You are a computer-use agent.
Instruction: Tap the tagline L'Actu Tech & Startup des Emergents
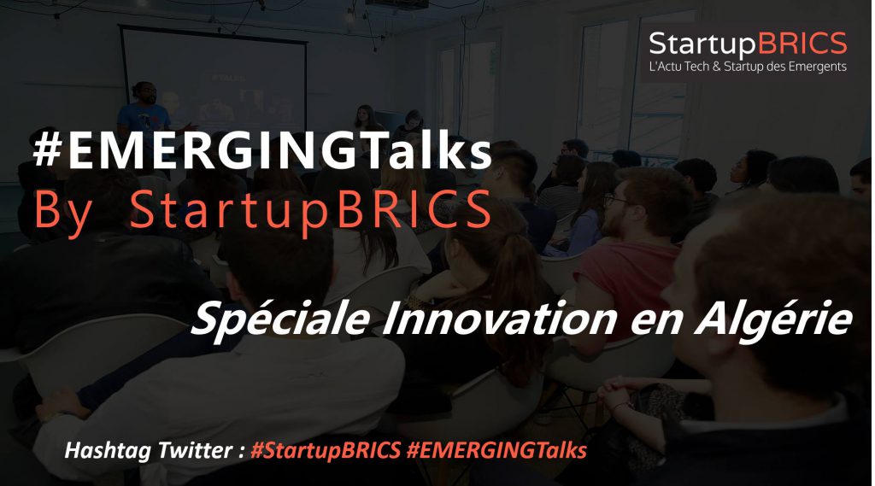point(748,67)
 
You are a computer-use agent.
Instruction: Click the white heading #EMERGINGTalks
point(262,152)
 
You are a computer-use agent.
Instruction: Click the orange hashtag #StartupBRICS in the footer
point(326,450)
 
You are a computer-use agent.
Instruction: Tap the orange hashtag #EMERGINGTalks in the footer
point(496,450)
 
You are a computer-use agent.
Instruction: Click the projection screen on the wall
point(214,78)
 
